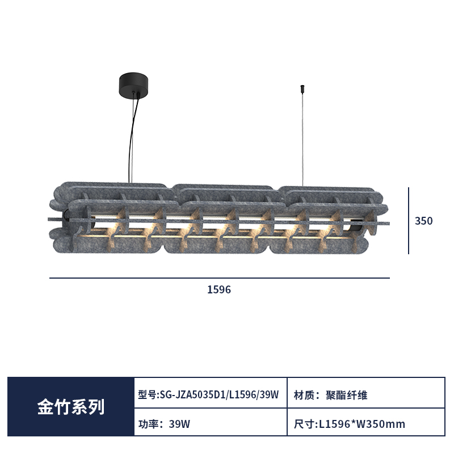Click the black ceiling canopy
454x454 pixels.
[x=133, y=85]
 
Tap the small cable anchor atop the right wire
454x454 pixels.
[x=302, y=87]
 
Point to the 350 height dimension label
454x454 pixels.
[x=423, y=221]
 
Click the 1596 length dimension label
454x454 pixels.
[x=219, y=289]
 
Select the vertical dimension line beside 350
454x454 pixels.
[x=409, y=221]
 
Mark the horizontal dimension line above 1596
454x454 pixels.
[x=220, y=278]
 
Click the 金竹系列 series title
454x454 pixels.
[x=70, y=407]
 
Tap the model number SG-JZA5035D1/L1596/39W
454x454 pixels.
[x=220, y=394]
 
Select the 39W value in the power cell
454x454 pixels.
[x=179, y=424]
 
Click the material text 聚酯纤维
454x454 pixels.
[x=346, y=395]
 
